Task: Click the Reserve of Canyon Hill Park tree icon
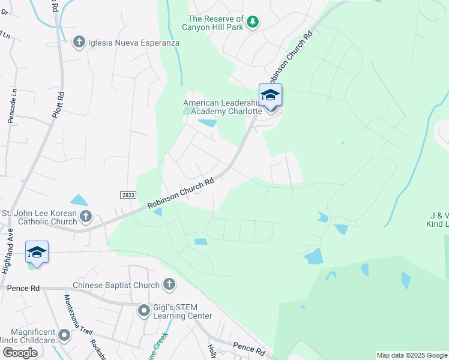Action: [x=253, y=22]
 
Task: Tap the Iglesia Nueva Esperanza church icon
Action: [x=78, y=42]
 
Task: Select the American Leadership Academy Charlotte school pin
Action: [x=270, y=96]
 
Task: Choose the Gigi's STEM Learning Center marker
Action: [x=143, y=310]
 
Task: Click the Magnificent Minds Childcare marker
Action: [x=64, y=334]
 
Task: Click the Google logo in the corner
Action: [x=20, y=353]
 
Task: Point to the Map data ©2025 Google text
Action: [x=411, y=355]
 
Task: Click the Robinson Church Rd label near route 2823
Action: [x=181, y=194]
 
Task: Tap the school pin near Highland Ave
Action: [x=37, y=252]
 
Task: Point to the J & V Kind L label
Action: [x=438, y=220]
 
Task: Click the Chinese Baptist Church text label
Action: [x=116, y=285]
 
